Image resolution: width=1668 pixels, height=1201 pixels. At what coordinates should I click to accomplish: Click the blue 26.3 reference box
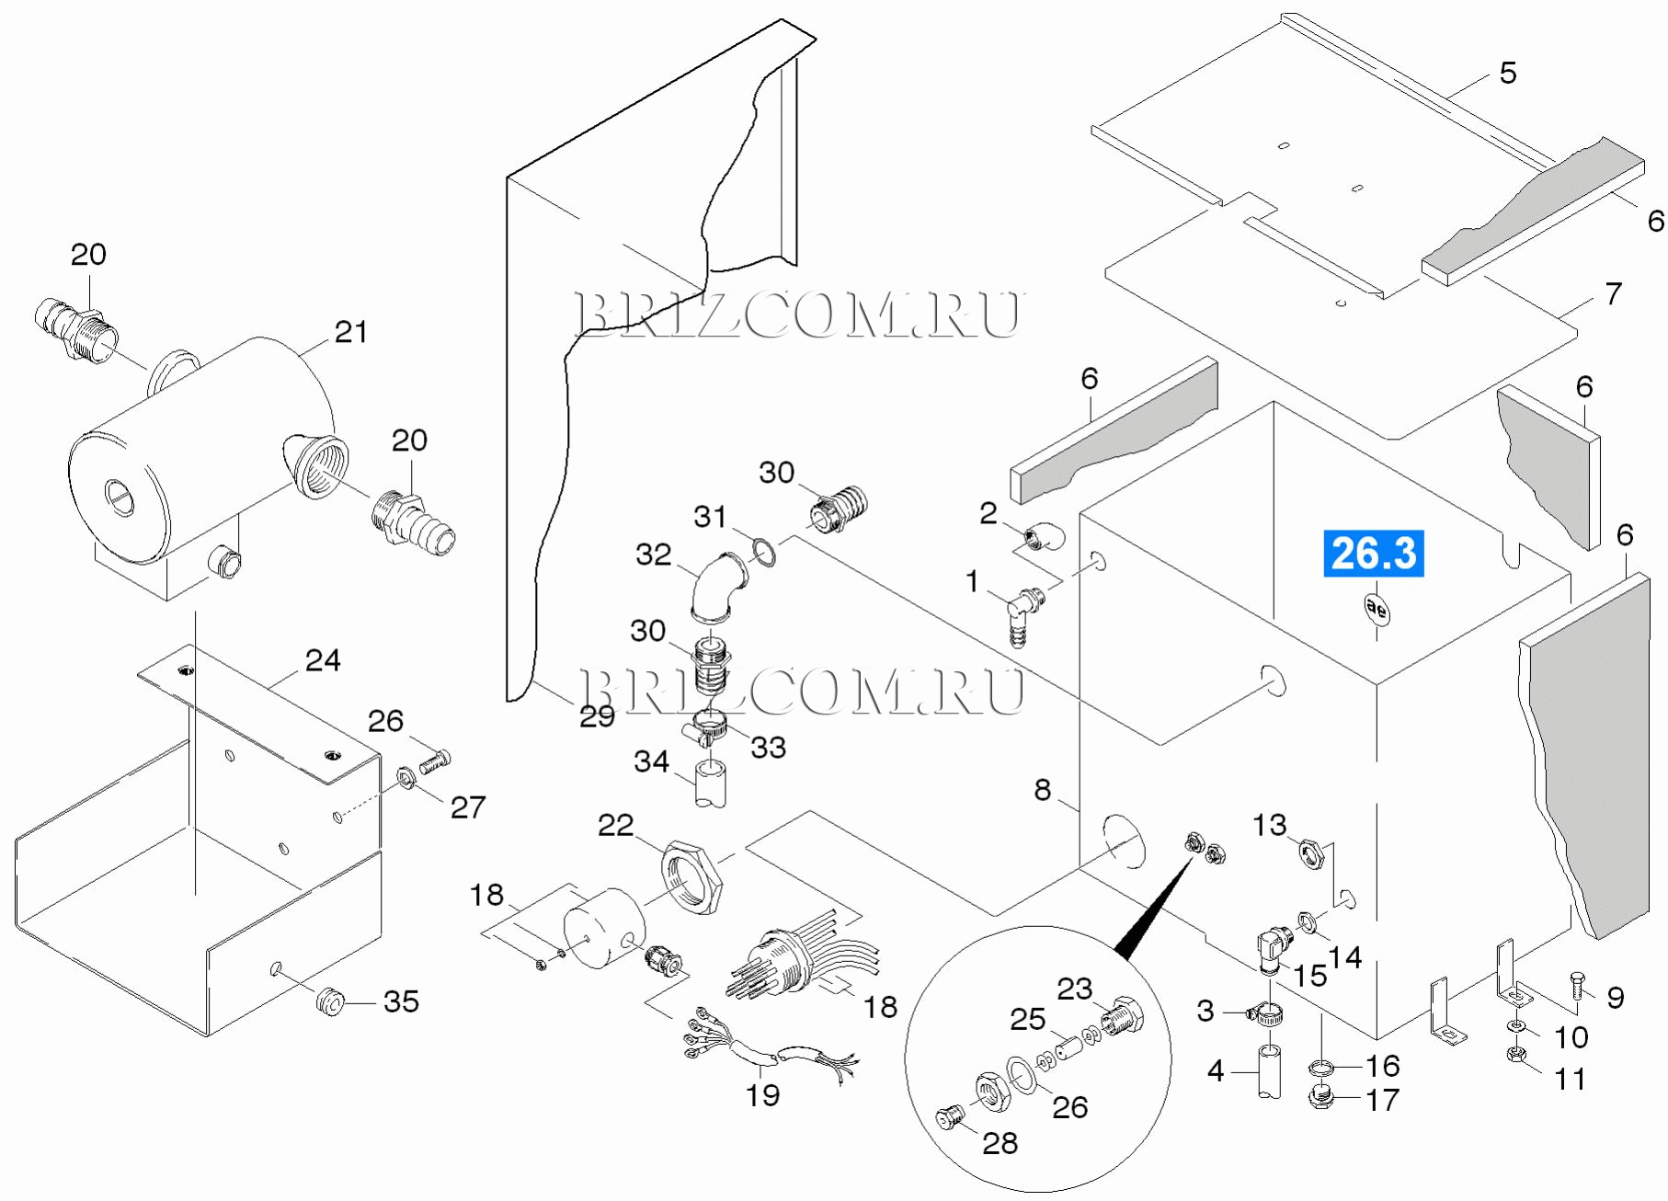click(1373, 554)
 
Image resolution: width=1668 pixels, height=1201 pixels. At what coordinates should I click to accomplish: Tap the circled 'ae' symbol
click(1376, 609)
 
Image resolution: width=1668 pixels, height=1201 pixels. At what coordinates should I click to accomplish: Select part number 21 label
click(350, 332)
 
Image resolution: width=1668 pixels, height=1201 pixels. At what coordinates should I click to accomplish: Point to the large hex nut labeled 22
click(692, 876)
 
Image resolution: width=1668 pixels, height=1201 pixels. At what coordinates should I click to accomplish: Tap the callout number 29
click(597, 716)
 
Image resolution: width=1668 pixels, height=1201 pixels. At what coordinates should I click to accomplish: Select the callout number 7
click(1613, 293)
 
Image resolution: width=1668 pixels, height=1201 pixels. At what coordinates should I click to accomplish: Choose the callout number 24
click(323, 660)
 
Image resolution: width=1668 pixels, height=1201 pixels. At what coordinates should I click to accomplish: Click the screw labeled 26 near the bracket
click(435, 761)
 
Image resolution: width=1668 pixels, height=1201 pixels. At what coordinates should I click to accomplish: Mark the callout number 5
click(1508, 73)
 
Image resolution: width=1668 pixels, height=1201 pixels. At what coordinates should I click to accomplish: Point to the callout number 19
click(762, 1094)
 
